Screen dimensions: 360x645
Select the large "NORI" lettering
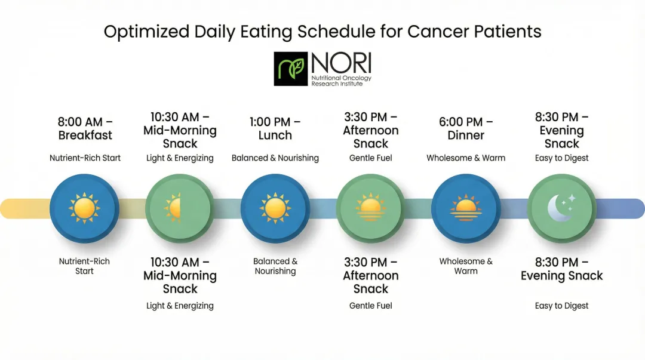coord(340,64)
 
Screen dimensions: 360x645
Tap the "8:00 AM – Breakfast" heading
coord(85,128)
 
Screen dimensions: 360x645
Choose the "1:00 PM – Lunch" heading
coord(275,128)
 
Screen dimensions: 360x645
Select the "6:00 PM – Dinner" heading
coord(466,128)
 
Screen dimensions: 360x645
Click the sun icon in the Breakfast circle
coord(85,208)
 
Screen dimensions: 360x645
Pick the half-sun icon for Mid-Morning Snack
coord(174,208)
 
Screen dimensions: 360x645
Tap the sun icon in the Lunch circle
coord(275,208)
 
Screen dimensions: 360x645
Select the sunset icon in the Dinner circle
coord(466,208)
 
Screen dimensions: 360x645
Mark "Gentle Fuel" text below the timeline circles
coord(371,306)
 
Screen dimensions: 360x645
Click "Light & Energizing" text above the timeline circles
coord(180,158)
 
